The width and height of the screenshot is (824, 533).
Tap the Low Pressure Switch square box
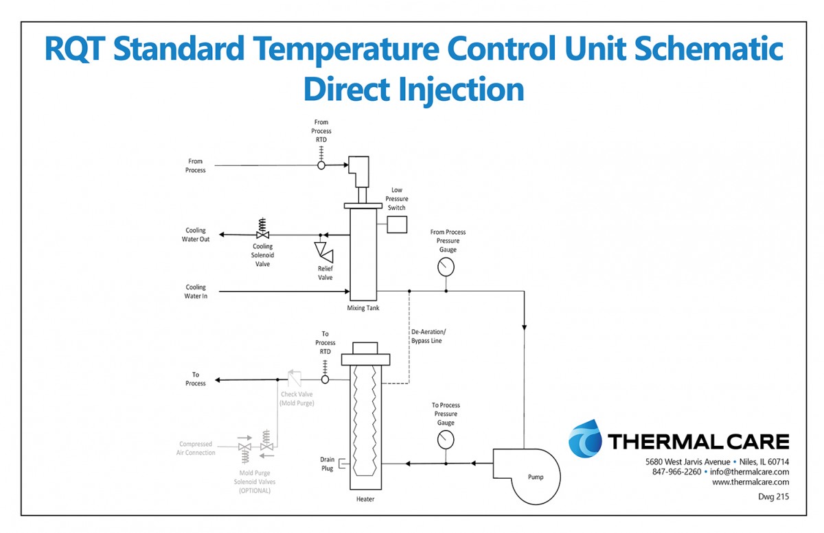coord(397,224)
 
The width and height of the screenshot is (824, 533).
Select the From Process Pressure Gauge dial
coord(446,267)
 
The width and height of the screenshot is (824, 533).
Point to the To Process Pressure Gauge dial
coord(446,440)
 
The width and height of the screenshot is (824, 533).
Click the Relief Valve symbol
coord(323,252)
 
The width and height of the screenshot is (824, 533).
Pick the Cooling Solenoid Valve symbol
coord(262,228)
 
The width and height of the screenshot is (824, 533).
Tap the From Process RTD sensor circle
coord(321,165)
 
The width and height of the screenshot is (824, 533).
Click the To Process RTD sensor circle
coord(325,379)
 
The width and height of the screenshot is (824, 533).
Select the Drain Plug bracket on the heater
coord(342,464)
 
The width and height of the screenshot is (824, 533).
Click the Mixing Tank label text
coord(363,308)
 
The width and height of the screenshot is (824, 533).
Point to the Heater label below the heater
coord(365,499)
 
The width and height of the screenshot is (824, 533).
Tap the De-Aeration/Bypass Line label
coord(428,336)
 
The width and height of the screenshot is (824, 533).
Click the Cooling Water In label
coord(196,292)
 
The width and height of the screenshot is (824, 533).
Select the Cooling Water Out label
coord(196,235)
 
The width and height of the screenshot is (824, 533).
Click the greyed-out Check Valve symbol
coord(295,378)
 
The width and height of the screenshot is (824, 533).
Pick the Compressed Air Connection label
coord(196,448)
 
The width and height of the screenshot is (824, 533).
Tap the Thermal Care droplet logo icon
coord(585,438)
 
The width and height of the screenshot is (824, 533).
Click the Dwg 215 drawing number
coord(774,497)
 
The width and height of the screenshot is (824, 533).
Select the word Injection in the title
coord(461,90)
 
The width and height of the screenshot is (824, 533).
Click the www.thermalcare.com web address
coord(751,482)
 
